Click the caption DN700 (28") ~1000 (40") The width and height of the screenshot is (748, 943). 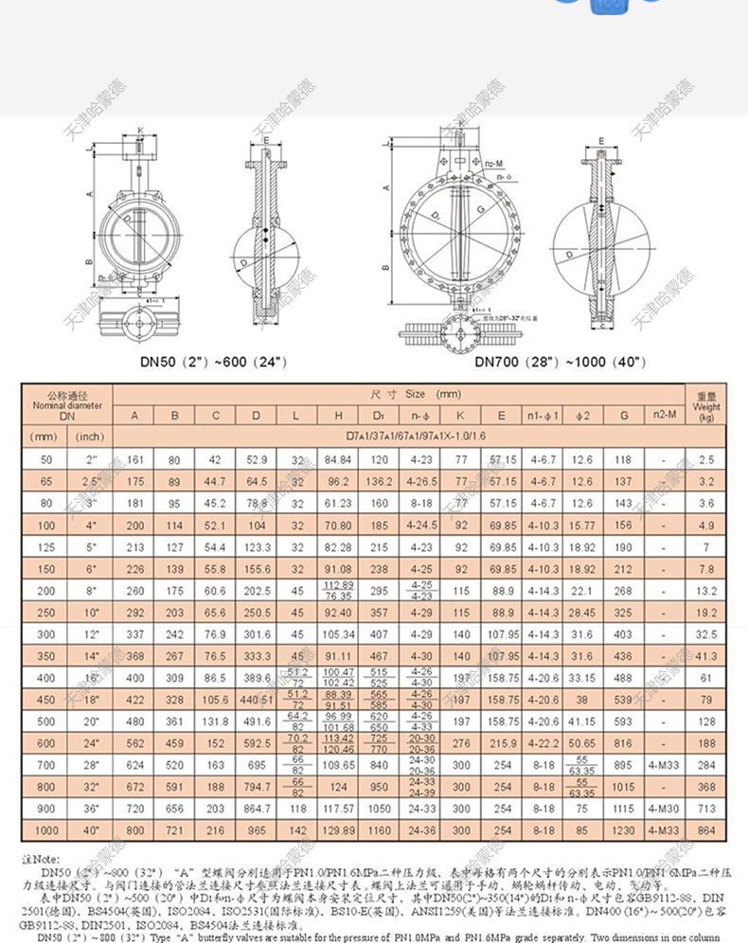point(561,361)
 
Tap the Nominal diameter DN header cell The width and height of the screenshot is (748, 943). point(66,405)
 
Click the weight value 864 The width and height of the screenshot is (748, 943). point(706,830)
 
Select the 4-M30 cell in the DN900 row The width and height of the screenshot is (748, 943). point(665,810)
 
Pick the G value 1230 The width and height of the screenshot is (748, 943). point(623,830)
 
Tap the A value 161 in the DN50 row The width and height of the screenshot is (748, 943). point(135,460)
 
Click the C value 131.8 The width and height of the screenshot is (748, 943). point(215,721)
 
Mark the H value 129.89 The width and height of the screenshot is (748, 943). point(338,830)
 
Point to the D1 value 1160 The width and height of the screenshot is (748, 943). point(380,830)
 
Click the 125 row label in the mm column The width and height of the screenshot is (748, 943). point(45,547)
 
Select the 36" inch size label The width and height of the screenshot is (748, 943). point(90,810)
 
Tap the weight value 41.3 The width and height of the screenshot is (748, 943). point(706,655)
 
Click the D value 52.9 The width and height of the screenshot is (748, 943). point(257,460)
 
